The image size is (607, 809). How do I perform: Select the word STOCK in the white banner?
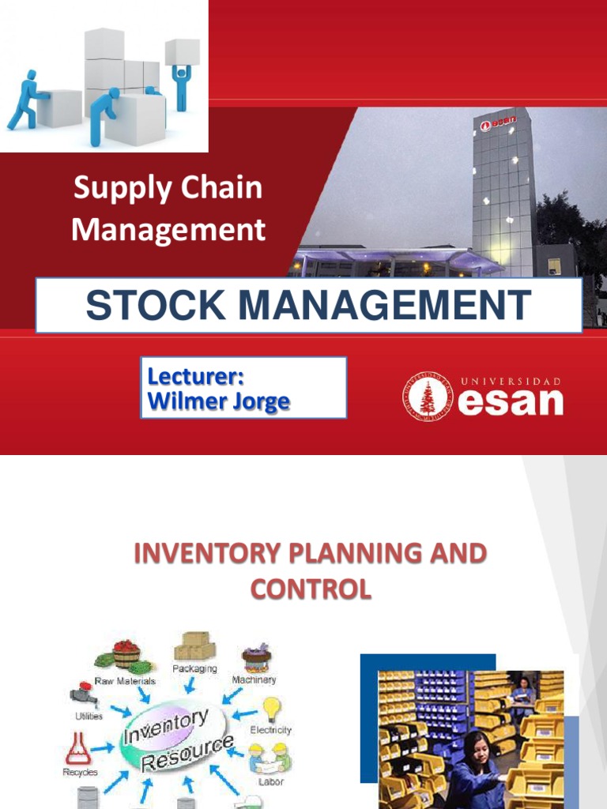point(148,305)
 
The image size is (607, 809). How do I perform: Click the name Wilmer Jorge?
point(218,402)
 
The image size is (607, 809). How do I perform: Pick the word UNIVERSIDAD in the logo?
point(511,381)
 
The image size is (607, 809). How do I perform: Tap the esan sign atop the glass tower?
point(495,123)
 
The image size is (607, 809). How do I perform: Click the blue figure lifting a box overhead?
point(180,84)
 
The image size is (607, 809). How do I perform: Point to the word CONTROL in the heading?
point(310,589)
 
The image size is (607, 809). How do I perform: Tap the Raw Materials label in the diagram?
point(125,680)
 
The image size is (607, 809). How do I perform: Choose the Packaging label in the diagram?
point(196,668)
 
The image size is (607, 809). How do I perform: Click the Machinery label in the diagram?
point(254,679)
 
